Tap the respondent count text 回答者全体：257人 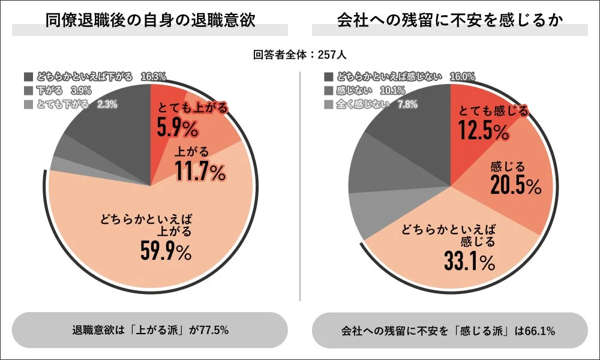click(299, 55)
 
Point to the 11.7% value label click(200, 172)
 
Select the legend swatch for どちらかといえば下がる click(28, 77)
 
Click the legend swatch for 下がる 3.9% click(28, 91)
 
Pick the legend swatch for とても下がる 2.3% click(28, 104)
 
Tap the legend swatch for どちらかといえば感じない click(328, 77)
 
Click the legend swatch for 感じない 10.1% click(328, 91)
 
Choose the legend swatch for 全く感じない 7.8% click(328, 104)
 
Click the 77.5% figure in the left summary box click(212, 330)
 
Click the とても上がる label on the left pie click(193, 109)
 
